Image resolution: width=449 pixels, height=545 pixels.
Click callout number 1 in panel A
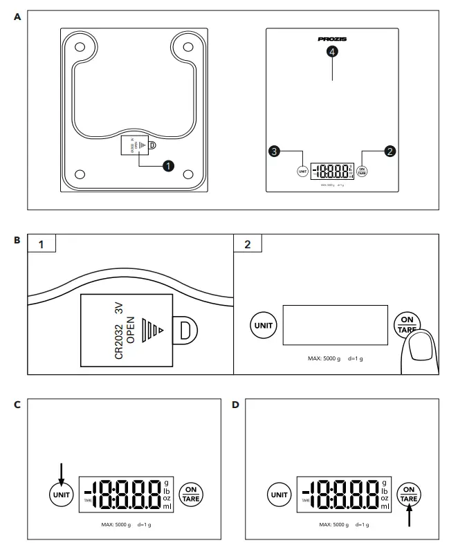[167, 165]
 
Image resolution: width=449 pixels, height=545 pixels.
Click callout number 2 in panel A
[390, 151]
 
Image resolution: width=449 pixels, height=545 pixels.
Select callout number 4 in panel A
[333, 53]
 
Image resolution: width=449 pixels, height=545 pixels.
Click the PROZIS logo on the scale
[332, 40]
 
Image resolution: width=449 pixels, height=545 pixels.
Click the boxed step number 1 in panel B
[41, 244]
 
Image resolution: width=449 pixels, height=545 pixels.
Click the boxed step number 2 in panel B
[248, 244]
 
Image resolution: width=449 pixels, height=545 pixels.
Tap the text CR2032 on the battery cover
[119, 340]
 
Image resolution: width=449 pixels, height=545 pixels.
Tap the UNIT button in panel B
[263, 325]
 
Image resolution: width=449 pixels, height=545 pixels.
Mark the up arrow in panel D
[409, 516]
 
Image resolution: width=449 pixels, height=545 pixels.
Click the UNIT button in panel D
[280, 495]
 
